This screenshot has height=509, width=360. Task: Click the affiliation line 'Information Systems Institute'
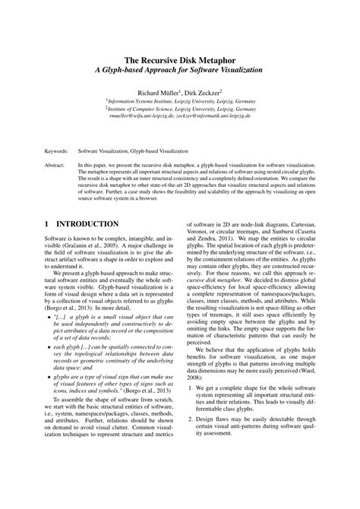click(180, 101)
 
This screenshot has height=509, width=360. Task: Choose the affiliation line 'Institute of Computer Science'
click(180, 109)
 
